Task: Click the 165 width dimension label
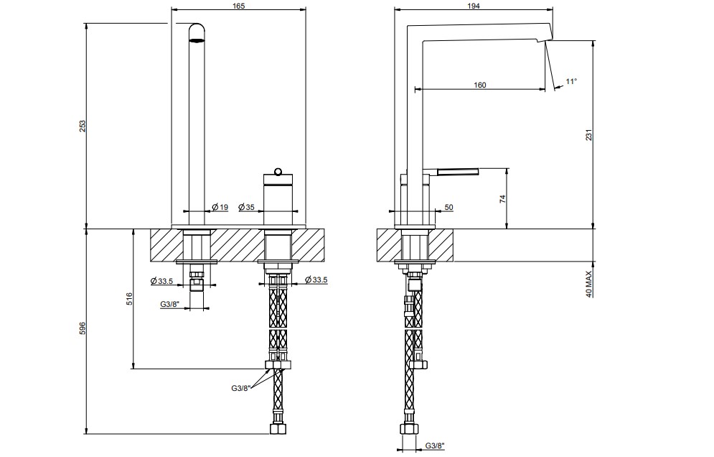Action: pos(238,6)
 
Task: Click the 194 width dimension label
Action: pos(473,6)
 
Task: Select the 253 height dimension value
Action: pos(83,126)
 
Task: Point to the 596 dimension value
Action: pos(83,329)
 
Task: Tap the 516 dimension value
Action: pos(129,299)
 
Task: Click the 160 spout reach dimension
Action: pos(479,85)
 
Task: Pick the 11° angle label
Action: pos(571,81)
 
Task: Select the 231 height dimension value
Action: pos(588,135)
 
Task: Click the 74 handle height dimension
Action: pos(503,199)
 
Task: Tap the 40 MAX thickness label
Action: pos(588,284)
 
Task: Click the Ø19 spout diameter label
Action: pos(220,207)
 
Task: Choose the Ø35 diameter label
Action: pos(246,207)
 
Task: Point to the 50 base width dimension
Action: pos(448,207)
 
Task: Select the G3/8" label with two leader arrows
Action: pos(241,388)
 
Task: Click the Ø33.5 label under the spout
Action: pos(161,281)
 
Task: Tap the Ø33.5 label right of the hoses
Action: pos(316,280)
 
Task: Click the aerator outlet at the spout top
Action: pos(197,40)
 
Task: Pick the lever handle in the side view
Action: pos(458,172)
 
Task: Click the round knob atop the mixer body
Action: pos(278,172)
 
